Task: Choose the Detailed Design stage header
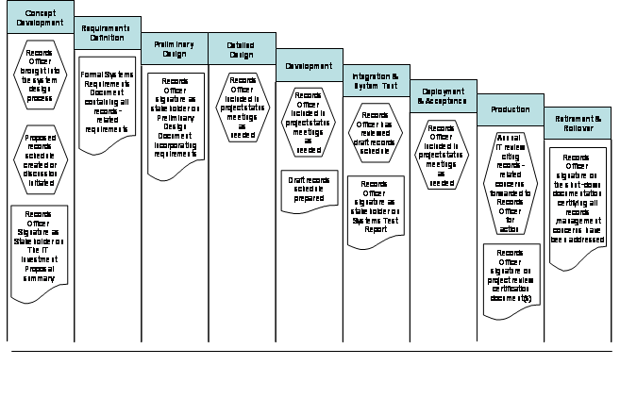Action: pyautogui.click(x=242, y=49)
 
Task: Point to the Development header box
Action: pyautogui.click(x=309, y=66)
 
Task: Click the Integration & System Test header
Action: pyautogui.click(x=375, y=81)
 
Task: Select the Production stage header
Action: pyautogui.click(x=510, y=109)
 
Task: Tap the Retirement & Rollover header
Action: pyautogui.click(x=577, y=124)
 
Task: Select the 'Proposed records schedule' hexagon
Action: pyautogui.click(x=40, y=151)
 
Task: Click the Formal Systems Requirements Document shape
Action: pyautogui.click(x=107, y=103)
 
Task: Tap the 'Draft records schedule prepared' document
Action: pyautogui.click(x=309, y=191)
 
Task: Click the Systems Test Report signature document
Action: pyautogui.click(x=375, y=210)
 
